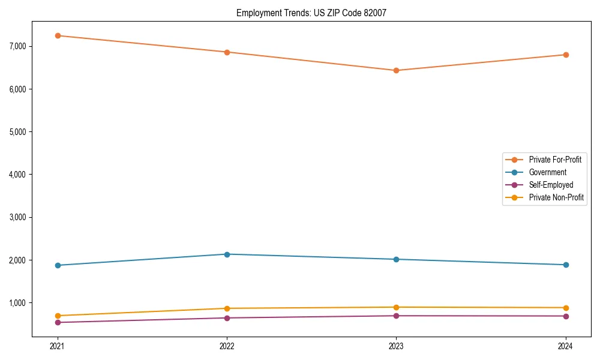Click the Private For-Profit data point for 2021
pyautogui.click(x=58, y=35)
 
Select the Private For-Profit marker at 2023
pyautogui.click(x=396, y=70)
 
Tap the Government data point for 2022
pyautogui.click(x=227, y=254)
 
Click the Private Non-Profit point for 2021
pyautogui.click(x=58, y=316)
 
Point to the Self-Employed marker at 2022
pyautogui.click(x=227, y=318)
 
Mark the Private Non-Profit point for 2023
pyautogui.click(x=396, y=307)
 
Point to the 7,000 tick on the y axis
pyautogui.click(x=18, y=46)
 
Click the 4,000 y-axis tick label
pyautogui.click(x=18, y=175)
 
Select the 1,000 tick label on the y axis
pyautogui.click(x=18, y=303)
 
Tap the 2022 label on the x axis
pyautogui.click(x=227, y=346)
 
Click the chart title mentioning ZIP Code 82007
pyautogui.click(x=310, y=13)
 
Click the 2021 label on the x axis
pyautogui.click(x=58, y=346)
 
